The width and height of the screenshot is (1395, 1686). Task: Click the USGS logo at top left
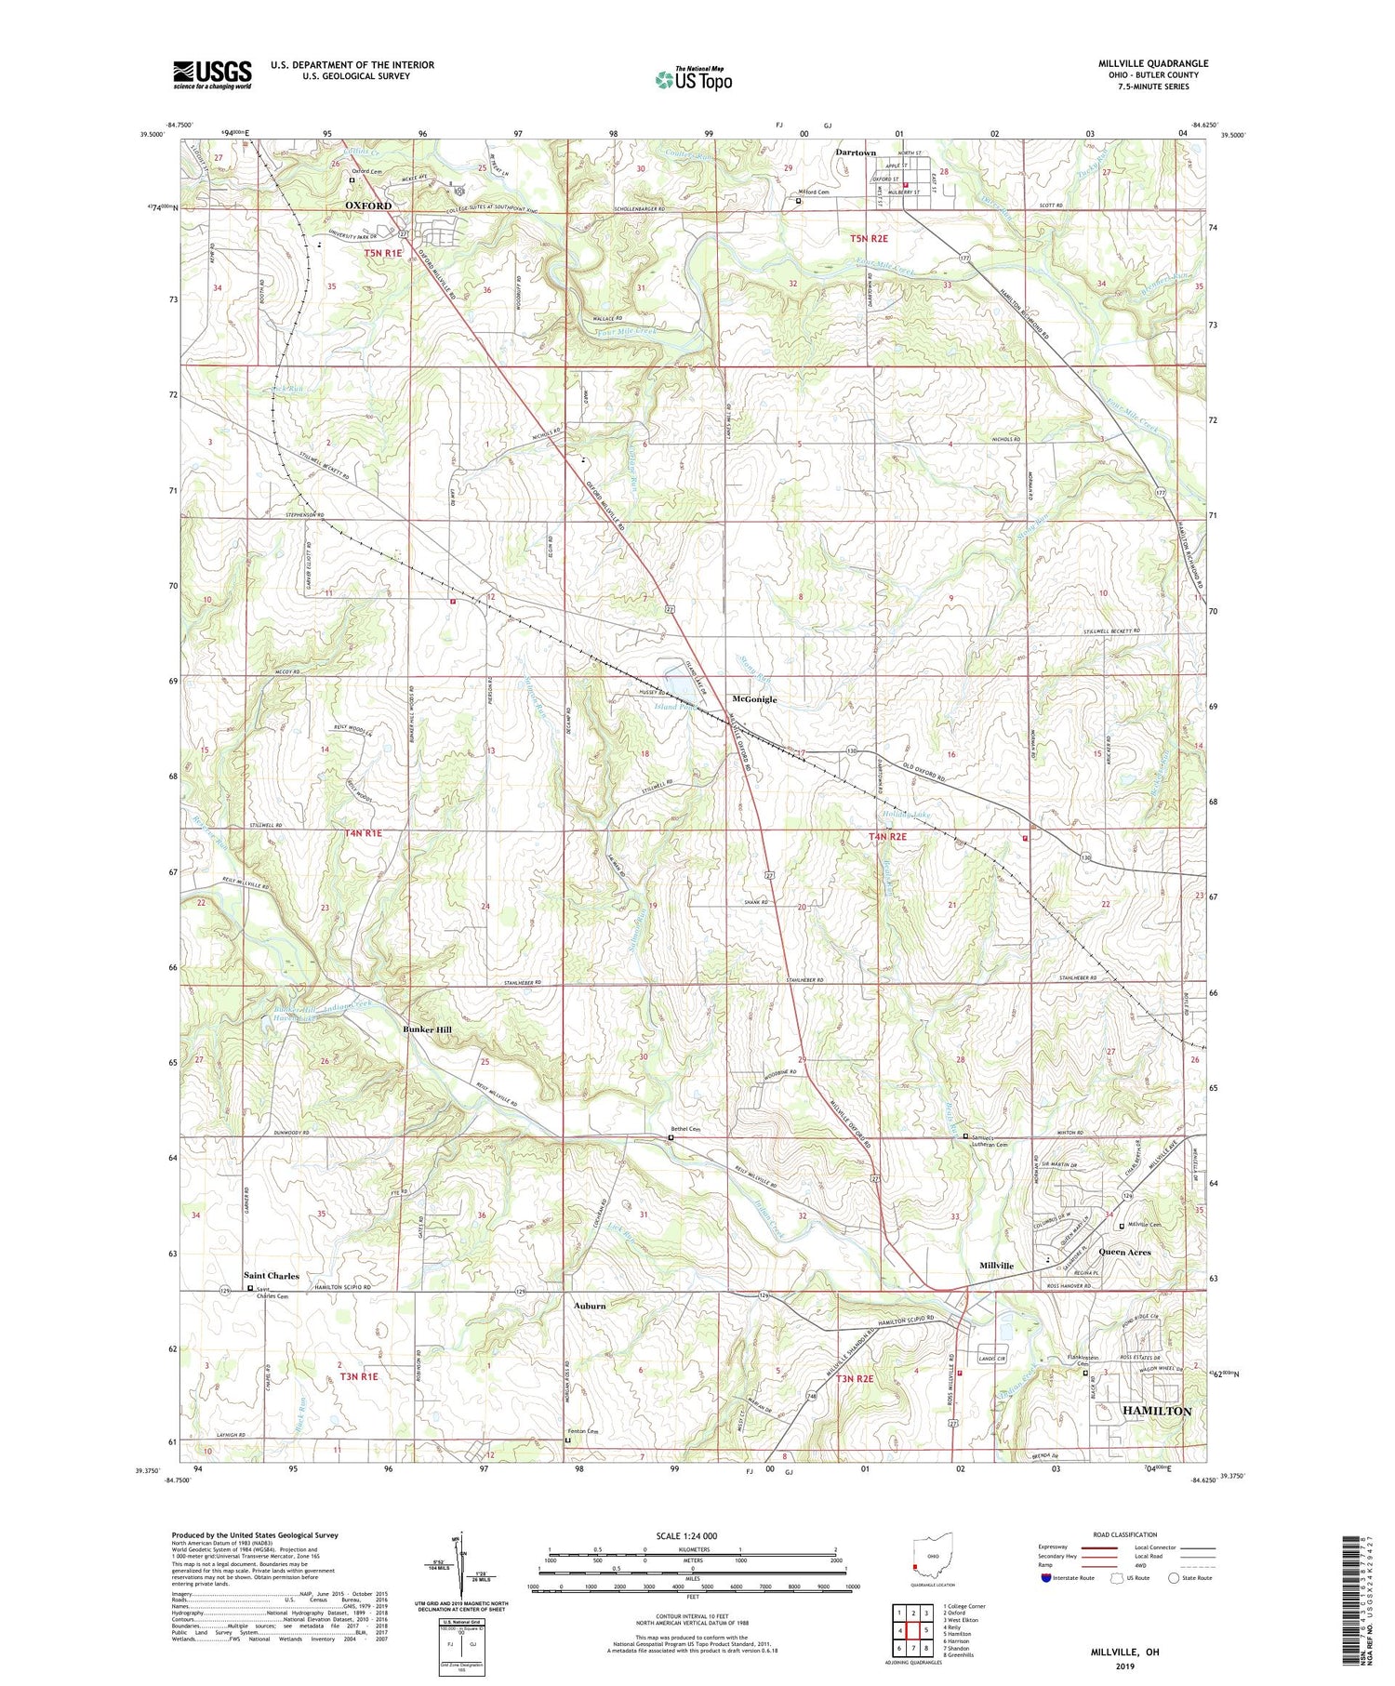tap(212, 74)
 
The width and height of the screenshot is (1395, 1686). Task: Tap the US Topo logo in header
tap(694, 79)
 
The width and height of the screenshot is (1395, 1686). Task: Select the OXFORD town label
tap(368, 205)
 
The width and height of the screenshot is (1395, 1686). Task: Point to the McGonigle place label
tap(754, 698)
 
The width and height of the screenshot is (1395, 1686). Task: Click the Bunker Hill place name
tap(427, 1029)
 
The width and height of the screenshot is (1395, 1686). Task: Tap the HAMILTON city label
tap(1157, 1411)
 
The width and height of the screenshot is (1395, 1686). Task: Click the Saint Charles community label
tap(272, 1276)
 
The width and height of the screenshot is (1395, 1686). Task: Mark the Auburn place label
tap(589, 1306)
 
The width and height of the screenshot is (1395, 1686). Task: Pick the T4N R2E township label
tap(887, 837)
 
